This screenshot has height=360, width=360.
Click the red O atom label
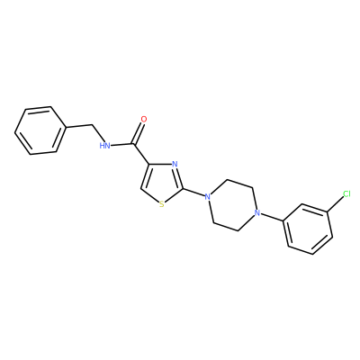[144, 119]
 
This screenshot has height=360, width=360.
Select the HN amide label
[104, 146]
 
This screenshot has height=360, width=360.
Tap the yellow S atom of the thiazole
[162, 204]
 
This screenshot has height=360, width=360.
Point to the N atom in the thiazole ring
[175, 164]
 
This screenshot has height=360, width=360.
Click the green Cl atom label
[346, 194]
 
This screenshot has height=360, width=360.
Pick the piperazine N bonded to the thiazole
[207, 197]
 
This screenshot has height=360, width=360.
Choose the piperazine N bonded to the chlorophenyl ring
[256, 213]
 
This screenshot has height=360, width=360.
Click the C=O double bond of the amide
[139, 133]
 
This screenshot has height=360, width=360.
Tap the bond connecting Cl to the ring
[335, 204]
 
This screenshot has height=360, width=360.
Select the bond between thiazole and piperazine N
[193, 193]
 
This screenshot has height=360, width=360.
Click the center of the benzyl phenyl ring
[40, 130]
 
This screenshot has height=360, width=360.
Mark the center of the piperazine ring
[231, 205]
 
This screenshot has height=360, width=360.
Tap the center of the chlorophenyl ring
[308, 229]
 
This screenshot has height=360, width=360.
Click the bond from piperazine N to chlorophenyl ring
[271, 218]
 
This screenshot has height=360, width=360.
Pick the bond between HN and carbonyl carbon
[121, 145]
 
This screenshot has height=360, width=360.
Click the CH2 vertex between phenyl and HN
[92, 124]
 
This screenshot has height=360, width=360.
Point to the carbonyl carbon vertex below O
[133, 145]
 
